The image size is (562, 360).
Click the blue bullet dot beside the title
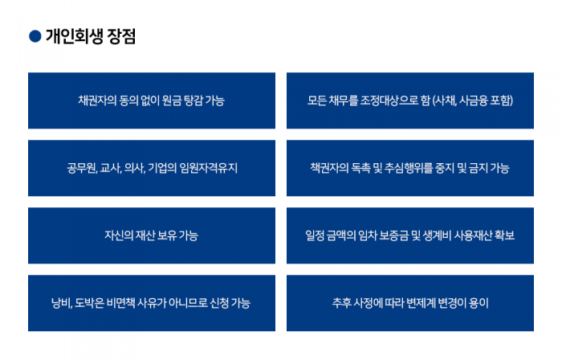click(35, 36)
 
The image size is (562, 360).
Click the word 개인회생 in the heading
click(75, 36)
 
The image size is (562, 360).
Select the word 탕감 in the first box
click(193, 100)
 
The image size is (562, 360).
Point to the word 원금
click(172, 100)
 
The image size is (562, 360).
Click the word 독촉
click(361, 168)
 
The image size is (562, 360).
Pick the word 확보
click(504, 235)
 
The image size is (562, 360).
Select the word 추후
click(341, 303)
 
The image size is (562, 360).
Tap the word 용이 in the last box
click(479, 303)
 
